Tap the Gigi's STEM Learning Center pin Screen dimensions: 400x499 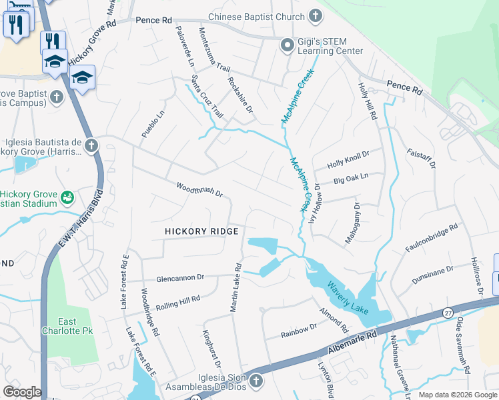tap(288, 45)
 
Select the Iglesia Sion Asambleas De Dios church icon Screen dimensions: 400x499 tap(256, 381)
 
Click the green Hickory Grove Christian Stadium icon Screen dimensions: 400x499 tap(67, 197)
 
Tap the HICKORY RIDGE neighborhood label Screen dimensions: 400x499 tap(202, 231)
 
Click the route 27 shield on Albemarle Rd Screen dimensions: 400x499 tap(448, 312)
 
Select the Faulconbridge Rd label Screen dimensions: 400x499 tap(432, 239)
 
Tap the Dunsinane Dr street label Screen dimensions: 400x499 tap(432, 274)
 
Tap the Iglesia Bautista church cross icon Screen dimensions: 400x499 tap(91, 145)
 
